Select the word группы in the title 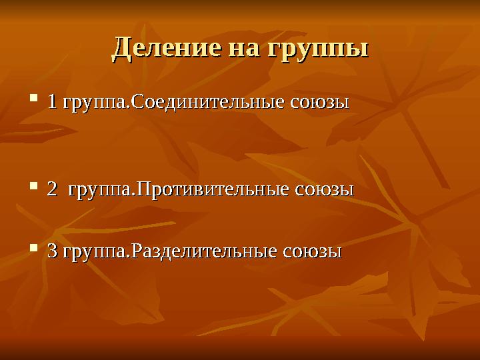pyautogui.click(x=318, y=49)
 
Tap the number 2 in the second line pyautogui.click(x=51, y=189)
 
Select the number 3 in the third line pyautogui.click(x=51, y=252)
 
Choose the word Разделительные pyautogui.click(x=204, y=252)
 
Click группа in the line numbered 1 pyautogui.click(x=93, y=105)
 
